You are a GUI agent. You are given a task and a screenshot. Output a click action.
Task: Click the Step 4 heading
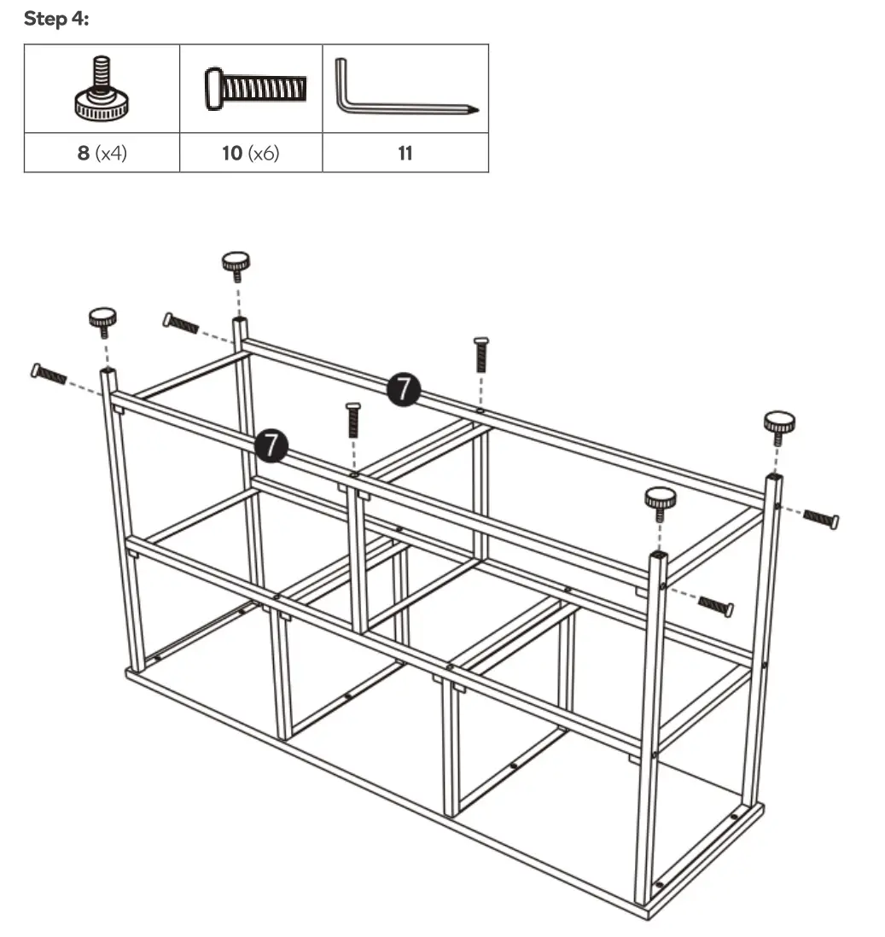pos(55,19)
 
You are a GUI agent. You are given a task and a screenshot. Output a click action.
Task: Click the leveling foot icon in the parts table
pos(102,89)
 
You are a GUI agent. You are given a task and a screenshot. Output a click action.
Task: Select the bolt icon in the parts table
pos(255,89)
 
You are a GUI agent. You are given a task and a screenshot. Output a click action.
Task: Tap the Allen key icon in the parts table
pos(405,90)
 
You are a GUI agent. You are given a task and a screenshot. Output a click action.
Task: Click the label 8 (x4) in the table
pos(102,154)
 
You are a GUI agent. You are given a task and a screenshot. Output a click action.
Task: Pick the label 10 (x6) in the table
pos(251,154)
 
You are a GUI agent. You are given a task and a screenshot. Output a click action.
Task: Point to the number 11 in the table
pos(405,154)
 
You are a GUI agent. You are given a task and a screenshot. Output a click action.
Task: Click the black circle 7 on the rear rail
pos(403,389)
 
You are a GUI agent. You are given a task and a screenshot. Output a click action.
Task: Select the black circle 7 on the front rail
pos(271,445)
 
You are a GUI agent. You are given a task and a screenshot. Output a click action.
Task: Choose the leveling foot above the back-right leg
pos(778,425)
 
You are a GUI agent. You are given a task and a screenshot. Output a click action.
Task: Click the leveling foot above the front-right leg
pos(660,501)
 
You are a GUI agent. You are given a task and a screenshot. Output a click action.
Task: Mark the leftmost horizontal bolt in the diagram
pos(49,374)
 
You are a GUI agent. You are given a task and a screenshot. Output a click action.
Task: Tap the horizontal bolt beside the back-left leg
pos(181,323)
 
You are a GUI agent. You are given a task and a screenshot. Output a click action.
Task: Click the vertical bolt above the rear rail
pos(480,353)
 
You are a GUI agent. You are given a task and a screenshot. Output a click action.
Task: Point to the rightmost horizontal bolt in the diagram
pos(821,518)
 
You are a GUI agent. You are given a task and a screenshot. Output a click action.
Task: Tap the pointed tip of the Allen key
pos(477,110)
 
